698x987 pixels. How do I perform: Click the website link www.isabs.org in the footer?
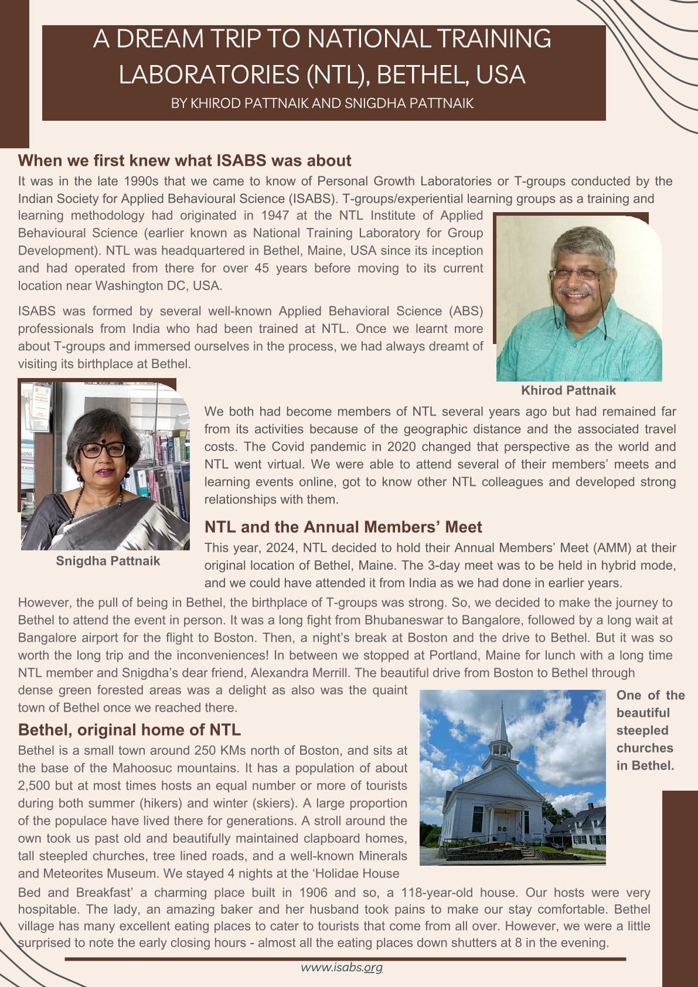(342, 967)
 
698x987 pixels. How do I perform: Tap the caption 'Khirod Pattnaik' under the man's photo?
(568, 390)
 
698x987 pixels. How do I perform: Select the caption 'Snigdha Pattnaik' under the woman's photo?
(108, 561)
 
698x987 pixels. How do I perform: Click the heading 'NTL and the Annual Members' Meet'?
(343, 527)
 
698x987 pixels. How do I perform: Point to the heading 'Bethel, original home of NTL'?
(130, 730)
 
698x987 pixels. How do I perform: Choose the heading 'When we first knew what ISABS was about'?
(185, 161)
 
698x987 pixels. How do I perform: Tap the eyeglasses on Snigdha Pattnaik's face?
(103, 450)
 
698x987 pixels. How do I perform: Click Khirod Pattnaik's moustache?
(575, 291)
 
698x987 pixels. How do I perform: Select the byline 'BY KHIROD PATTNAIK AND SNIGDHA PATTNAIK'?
(322, 104)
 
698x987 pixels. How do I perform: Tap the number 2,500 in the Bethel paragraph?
(36, 785)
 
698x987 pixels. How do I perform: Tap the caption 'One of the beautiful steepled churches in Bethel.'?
(650, 730)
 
